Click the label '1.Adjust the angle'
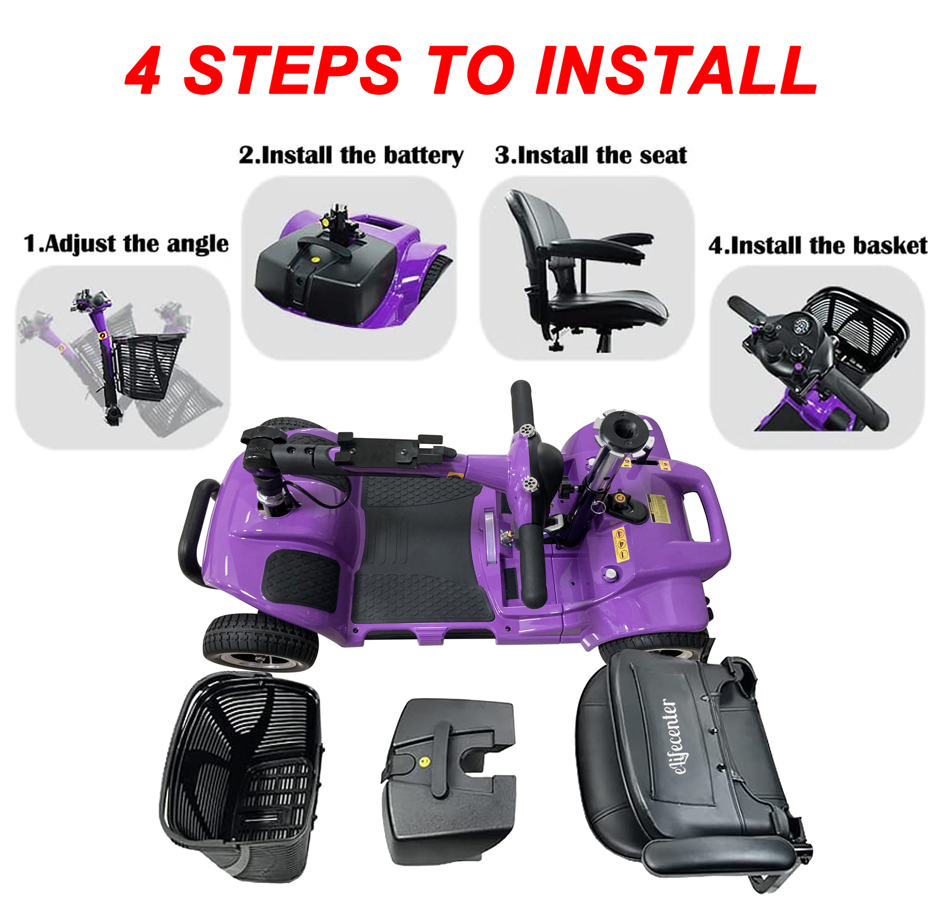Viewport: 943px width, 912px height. pos(126,243)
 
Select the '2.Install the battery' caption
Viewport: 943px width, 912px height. pos(351,155)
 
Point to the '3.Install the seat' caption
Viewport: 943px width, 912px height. pos(591,155)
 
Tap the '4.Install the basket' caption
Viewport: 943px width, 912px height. pos(817,245)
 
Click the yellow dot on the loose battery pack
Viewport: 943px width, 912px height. pos(423,762)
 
